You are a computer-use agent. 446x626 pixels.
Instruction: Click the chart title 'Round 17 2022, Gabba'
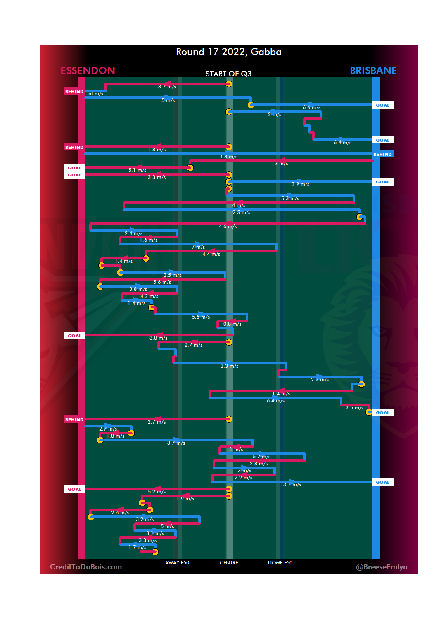pyautogui.click(x=228, y=52)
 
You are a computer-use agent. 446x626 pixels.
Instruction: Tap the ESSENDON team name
pyautogui.click(x=88, y=71)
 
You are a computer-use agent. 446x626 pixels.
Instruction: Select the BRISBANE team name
pyautogui.click(x=373, y=71)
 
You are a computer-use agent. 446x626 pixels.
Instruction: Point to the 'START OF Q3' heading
pyautogui.click(x=228, y=74)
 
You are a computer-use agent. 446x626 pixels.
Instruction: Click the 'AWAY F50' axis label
pyautogui.click(x=177, y=563)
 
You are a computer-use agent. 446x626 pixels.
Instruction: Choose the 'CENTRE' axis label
pyautogui.click(x=229, y=563)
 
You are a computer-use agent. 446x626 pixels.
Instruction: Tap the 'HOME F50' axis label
pyautogui.click(x=280, y=563)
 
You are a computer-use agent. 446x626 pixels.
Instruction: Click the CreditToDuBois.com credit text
pyautogui.click(x=86, y=567)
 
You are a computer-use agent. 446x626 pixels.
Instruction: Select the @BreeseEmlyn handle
pyautogui.click(x=382, y=567)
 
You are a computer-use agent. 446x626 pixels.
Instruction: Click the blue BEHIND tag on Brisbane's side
pyautogui.click(x=382, y=154)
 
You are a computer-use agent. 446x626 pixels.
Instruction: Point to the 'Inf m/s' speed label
pyautogui.click(x=95, y=94)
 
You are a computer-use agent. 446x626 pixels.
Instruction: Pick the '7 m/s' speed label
pyautogui.click(x=198, y=247)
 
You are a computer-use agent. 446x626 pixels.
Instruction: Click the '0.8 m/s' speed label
pyautogui.click(x=232, y=324)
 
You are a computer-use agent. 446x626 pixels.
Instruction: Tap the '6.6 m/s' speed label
pyautogui.click(x=311, y=107)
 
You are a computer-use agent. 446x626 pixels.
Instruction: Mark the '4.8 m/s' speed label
pyautogui.click(x=228, y=157)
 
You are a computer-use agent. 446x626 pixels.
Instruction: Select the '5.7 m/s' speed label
pyautogui.click(x=261, y=457)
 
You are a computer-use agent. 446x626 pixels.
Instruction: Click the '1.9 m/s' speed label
pyautogui.click(x=185, y=499)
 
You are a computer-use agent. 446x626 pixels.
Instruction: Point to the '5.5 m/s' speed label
pyautogui.click(x=201, y=317)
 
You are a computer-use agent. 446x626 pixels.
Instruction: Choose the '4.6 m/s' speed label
pyautogui.click(x=228, y=226)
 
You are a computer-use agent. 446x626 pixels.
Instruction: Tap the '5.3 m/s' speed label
pyautogui.click(x=290, y=198)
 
